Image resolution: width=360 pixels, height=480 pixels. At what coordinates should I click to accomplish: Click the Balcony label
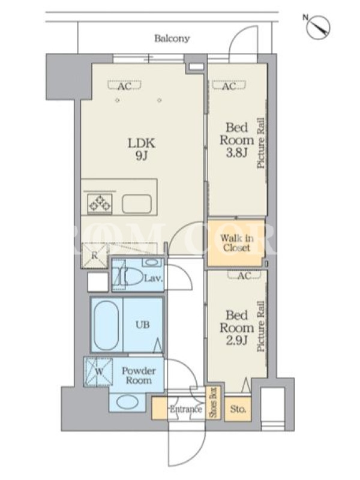click(172, 38)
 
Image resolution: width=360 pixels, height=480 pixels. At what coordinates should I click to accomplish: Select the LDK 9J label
click(142, 149)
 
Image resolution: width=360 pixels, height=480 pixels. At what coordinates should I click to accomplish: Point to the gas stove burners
click(100, 204)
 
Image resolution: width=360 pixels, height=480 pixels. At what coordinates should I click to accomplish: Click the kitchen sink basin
click(137, 204)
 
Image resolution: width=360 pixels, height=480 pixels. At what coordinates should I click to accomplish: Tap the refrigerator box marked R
click(94, 255)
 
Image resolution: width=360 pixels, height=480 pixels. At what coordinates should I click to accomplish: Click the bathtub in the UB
click(106, 325)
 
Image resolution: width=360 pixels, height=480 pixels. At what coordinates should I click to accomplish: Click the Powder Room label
click(139, 376)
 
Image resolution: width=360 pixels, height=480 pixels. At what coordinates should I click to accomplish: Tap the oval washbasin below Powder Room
click(127, 403)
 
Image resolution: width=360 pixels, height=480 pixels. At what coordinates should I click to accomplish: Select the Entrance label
click(186, 409)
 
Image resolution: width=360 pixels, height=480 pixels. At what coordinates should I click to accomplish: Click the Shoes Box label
click(213, 402)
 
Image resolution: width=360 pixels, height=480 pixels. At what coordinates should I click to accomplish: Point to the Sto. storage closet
click(238, 409)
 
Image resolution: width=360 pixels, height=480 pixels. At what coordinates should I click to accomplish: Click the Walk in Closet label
click(236, 243)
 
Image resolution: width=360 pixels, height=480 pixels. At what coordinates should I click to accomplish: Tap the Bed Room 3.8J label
click(236, 140)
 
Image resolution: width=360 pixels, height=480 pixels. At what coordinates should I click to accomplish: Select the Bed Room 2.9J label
click(236, 328)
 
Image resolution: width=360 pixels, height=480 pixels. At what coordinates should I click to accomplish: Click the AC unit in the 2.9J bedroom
click(244, 275)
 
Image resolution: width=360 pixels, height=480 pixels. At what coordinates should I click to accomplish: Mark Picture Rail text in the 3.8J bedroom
click(261, 143)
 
